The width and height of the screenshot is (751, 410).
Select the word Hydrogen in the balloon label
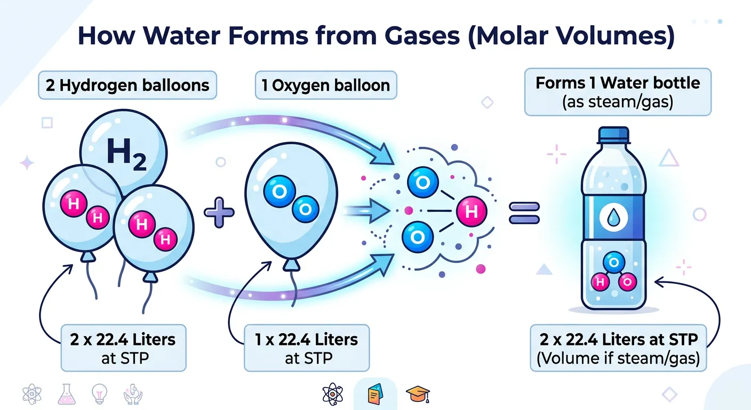97,85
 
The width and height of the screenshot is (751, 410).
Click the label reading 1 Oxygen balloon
325,85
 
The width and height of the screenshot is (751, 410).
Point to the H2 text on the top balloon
126,154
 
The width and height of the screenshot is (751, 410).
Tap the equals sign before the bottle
525,213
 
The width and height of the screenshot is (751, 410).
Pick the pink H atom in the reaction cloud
472,211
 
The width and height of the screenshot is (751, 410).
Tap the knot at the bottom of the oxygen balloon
291,265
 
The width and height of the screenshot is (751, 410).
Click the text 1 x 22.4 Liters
307,339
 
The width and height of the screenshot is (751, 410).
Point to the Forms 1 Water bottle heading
618,84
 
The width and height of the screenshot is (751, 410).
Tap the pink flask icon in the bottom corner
64,394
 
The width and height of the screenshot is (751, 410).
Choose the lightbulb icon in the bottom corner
99,394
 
